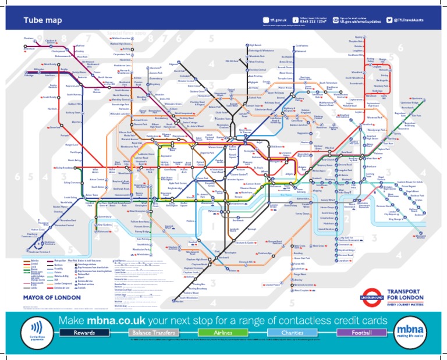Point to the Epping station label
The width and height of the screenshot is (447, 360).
coord(359,37)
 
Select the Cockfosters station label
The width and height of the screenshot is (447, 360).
coord(301,45)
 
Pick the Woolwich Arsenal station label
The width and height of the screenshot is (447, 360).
coord(424,236)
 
